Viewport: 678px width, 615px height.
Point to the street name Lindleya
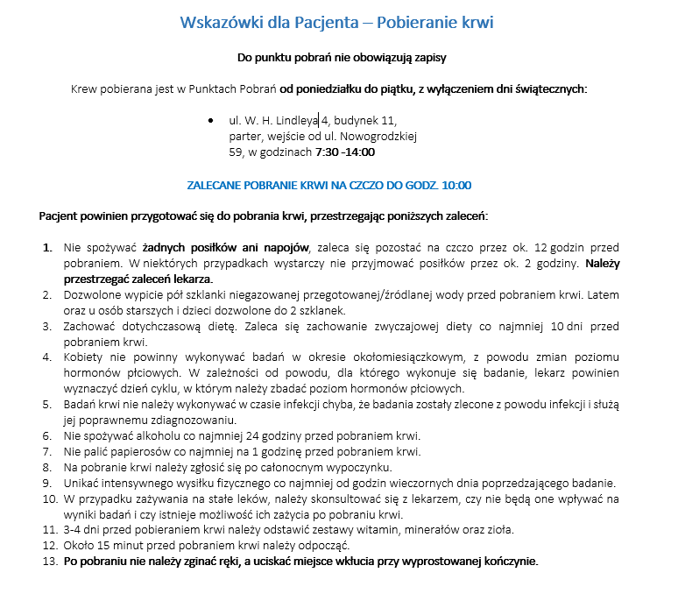coord(297,121)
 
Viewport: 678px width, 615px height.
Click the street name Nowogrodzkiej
coord(379,136)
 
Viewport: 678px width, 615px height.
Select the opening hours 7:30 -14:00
coord(345,152)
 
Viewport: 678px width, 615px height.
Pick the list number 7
coord(47,451)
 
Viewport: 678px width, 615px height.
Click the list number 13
coord(48,562)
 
